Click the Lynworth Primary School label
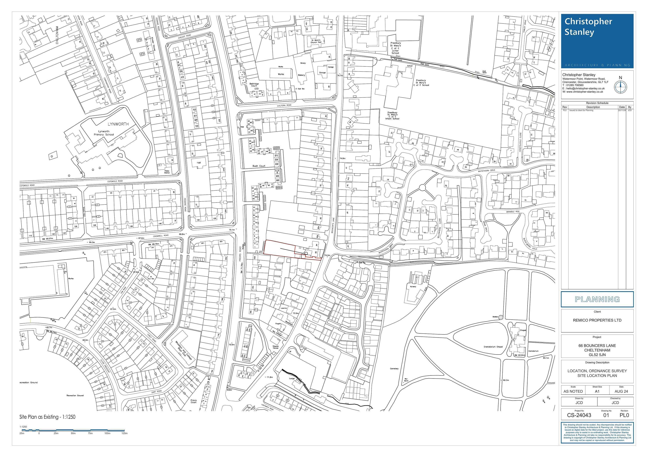[x=106, y=133]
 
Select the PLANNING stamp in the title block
[x=597, y=299]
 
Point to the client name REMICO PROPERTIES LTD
[x=597, y=320]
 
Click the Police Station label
[x=167, y=172]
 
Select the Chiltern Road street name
[x=284, y=105]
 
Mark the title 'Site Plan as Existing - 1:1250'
[x=47, y=417]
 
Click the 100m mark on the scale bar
[x=107, y=433]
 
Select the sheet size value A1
[x=597, y=391]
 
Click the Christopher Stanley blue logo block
[x=597, y=41]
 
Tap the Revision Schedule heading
[x=597, y=103]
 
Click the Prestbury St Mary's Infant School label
[x=392, y=116]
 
